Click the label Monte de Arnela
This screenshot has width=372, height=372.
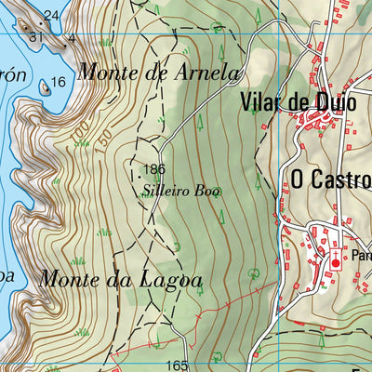pos(159,71)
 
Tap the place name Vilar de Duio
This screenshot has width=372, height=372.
pos(297,102)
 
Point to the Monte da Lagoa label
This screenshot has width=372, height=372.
pos(121,277)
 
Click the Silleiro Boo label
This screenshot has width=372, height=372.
pos(181,191)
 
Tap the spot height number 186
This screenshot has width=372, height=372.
pos(155,170)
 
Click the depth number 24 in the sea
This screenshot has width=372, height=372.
pos(51,15)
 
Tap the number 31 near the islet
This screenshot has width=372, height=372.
pos(35,37)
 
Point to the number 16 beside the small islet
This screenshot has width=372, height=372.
pos(59,82)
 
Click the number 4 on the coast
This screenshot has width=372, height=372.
pos(73,39)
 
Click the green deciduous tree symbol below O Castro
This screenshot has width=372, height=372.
pos(255,273)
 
